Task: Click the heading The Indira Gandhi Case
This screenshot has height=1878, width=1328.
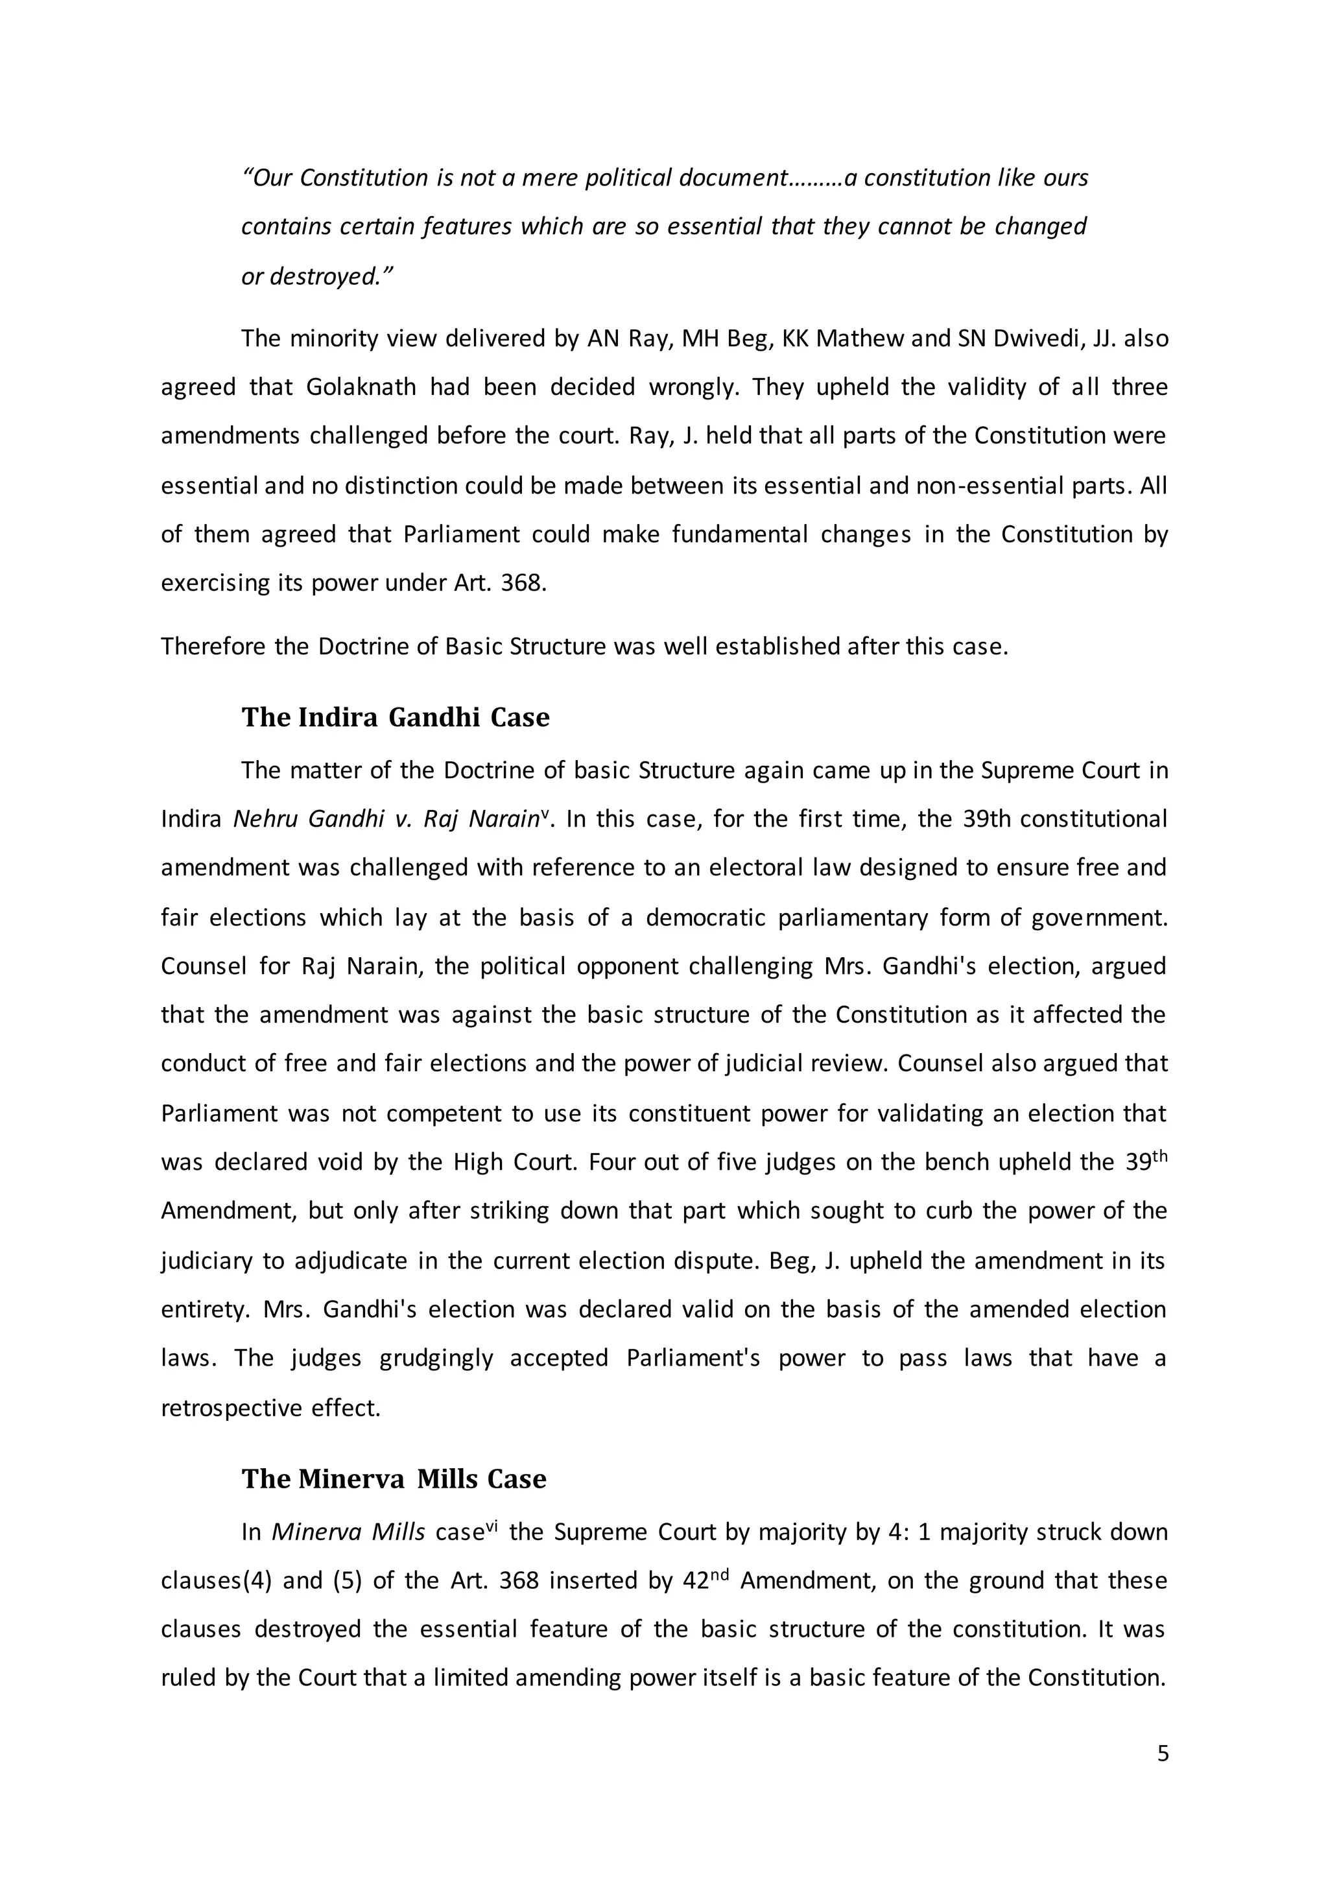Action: pos(395,717)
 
